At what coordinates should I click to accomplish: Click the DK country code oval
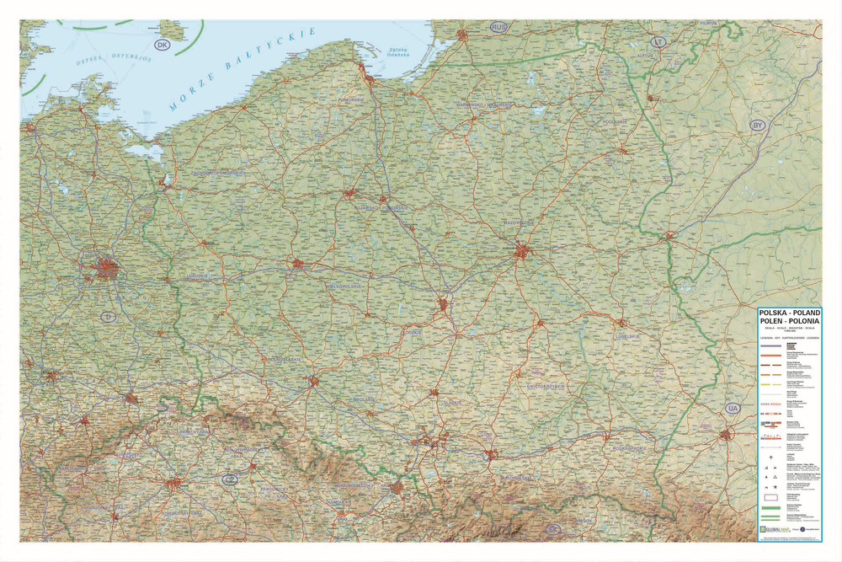[161, 45]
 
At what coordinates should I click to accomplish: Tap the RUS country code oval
[500, 28]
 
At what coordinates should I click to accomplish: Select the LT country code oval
[660, 41]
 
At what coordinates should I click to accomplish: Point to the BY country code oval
[758, 125]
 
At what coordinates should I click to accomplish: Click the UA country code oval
[733, 409]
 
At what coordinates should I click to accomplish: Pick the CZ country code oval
[228, 479]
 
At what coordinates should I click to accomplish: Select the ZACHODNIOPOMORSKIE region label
[218, 173]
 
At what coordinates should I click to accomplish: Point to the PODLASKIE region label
[616, 122]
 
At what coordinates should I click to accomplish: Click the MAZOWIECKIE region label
[520, 222]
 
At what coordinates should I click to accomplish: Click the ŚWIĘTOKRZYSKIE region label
[533, 386]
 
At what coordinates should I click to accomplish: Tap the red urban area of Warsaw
[523, 250]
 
